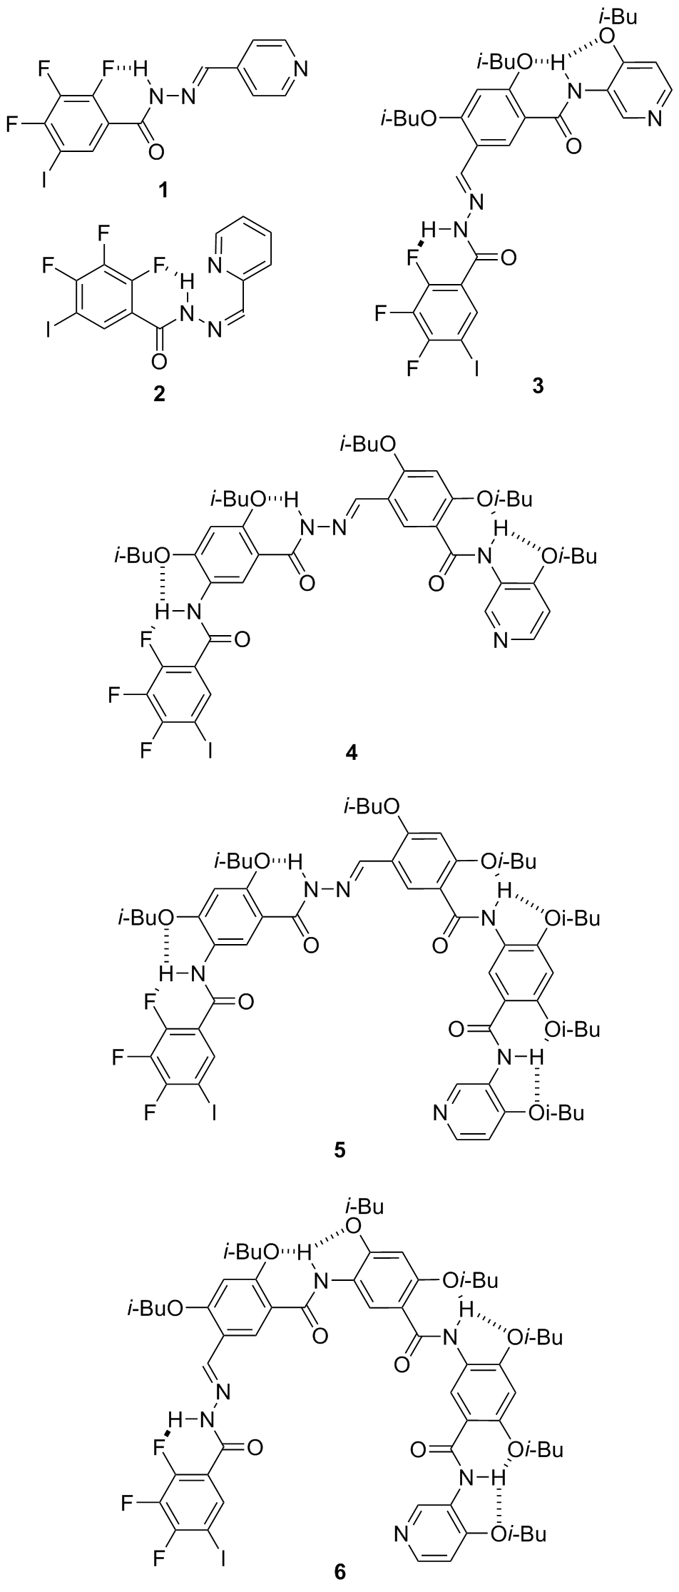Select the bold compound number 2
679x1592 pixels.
(x=158, y=393)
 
